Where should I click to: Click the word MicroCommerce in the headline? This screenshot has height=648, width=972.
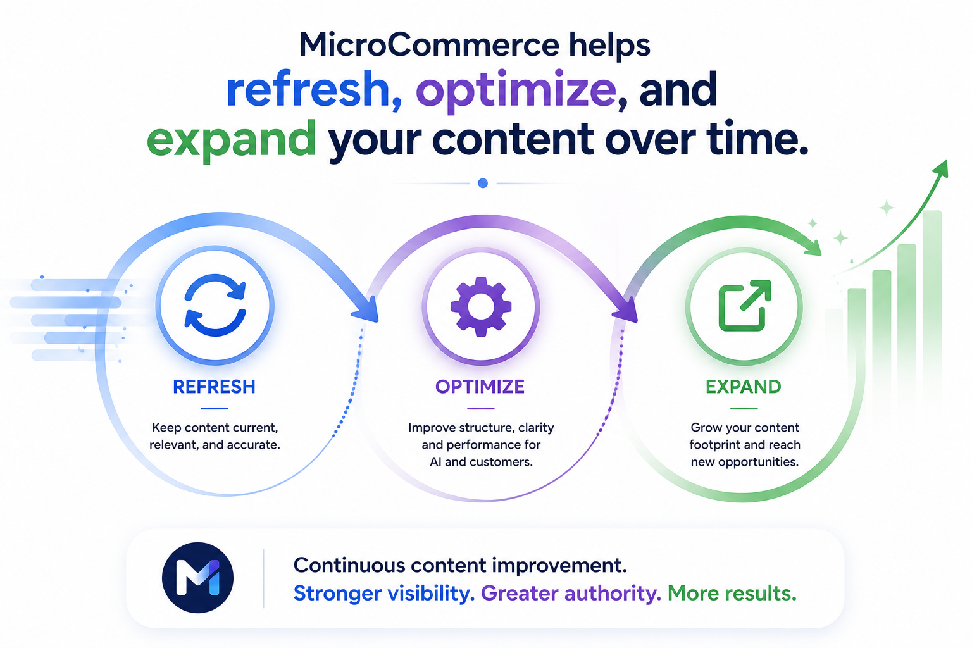click(x=429, y=46)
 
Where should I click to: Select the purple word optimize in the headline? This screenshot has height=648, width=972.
click(x=516, y=92)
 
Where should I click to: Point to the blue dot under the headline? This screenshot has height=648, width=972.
click(x=483, y=183)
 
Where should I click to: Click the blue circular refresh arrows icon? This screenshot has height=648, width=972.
click(x=215, y=305)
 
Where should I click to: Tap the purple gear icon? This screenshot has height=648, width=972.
click(x=481, y=306)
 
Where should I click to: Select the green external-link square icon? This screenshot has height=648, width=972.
click(x=745, y=306)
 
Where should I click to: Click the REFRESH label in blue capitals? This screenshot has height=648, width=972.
click(x=214, y=387)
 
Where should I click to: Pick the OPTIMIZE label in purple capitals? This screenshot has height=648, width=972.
click(x=480, y=387)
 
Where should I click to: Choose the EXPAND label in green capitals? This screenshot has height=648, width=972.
click(x=744, y=387)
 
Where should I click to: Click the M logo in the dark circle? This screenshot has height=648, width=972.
click(x=198, y=578)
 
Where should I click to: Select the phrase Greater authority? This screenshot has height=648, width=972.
click(x=571, y=594)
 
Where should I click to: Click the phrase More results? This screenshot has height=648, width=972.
click(x=732, y=594)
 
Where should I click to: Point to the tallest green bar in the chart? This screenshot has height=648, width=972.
click(x=931, y=304)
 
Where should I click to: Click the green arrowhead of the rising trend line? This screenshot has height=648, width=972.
click(x=941, y=169)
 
